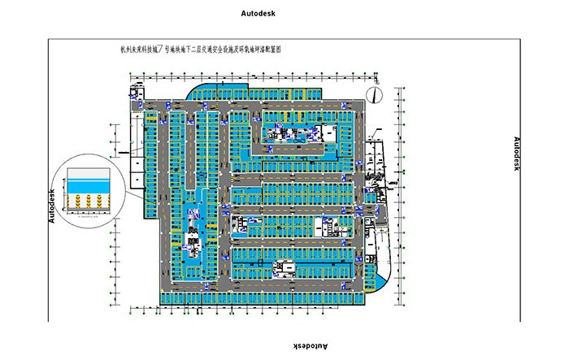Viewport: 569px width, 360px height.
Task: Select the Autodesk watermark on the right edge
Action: (x=516, y=153)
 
